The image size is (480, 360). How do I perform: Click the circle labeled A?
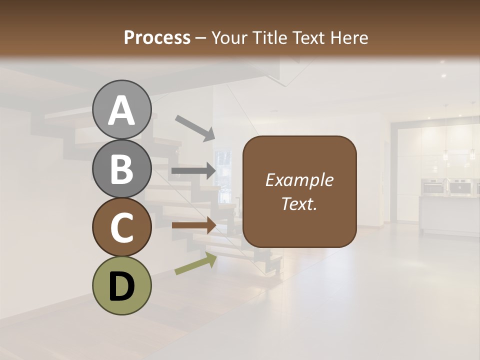coord(121,110)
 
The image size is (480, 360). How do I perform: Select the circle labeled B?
coord(121,168)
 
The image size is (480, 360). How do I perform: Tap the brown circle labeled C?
coord(121,227)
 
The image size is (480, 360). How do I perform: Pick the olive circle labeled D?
coord(121,285)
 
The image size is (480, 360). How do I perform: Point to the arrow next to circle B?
coord(193,171)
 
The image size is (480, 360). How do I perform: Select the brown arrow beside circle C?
coord(193,225)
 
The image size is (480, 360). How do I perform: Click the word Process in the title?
coord(157,37)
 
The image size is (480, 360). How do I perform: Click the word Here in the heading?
coord(350,37)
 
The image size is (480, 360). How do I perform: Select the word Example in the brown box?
coord(299,180)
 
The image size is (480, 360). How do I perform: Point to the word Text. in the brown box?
coord(299,203)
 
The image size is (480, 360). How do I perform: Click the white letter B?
coord(121,168)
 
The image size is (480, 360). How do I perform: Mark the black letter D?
coord(121,286)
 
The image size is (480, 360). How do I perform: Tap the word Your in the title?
coord(229,37)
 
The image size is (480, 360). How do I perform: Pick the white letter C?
coord(121,227)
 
